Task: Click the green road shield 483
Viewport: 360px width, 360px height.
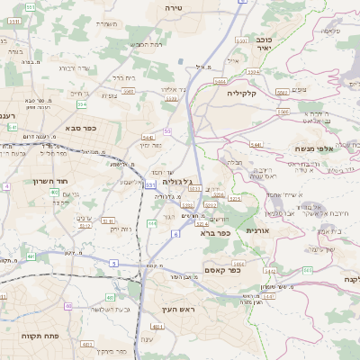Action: coord(110,297)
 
